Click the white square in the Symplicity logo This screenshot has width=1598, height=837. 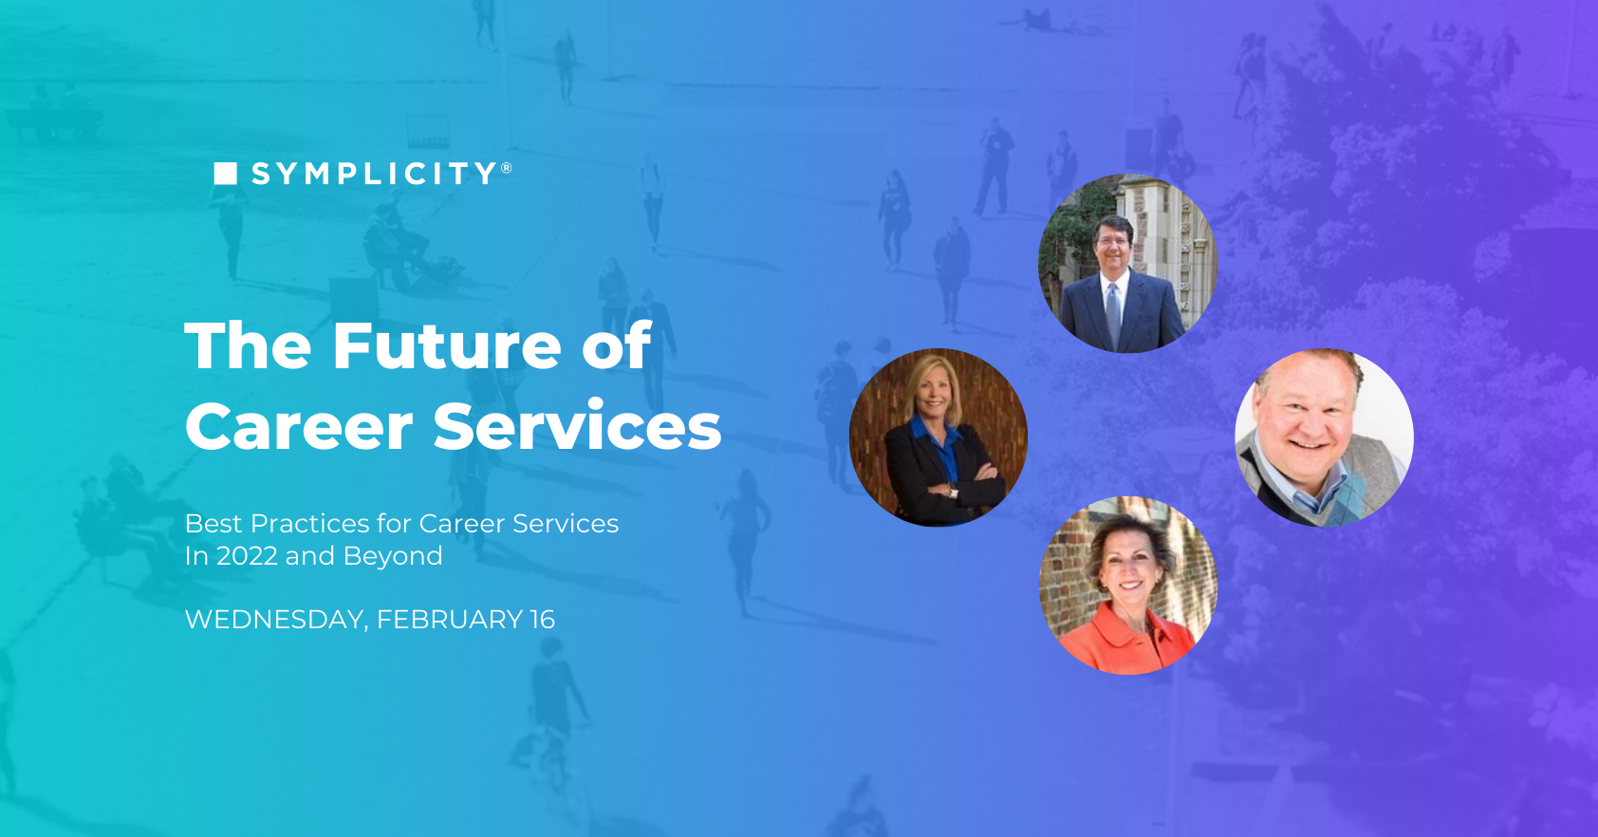click(x=225, y=173)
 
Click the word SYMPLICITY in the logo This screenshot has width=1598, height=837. click(x=375, y=174)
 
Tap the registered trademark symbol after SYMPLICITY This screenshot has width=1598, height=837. click(x=507, y=168)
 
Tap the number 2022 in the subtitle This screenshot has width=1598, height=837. click(x=247, y=556)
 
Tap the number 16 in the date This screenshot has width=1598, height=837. click(x=543, y=620)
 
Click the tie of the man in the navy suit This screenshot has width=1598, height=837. click(x=1113, y=313)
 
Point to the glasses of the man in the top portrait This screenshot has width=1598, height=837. click(x=1111, y=241)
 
